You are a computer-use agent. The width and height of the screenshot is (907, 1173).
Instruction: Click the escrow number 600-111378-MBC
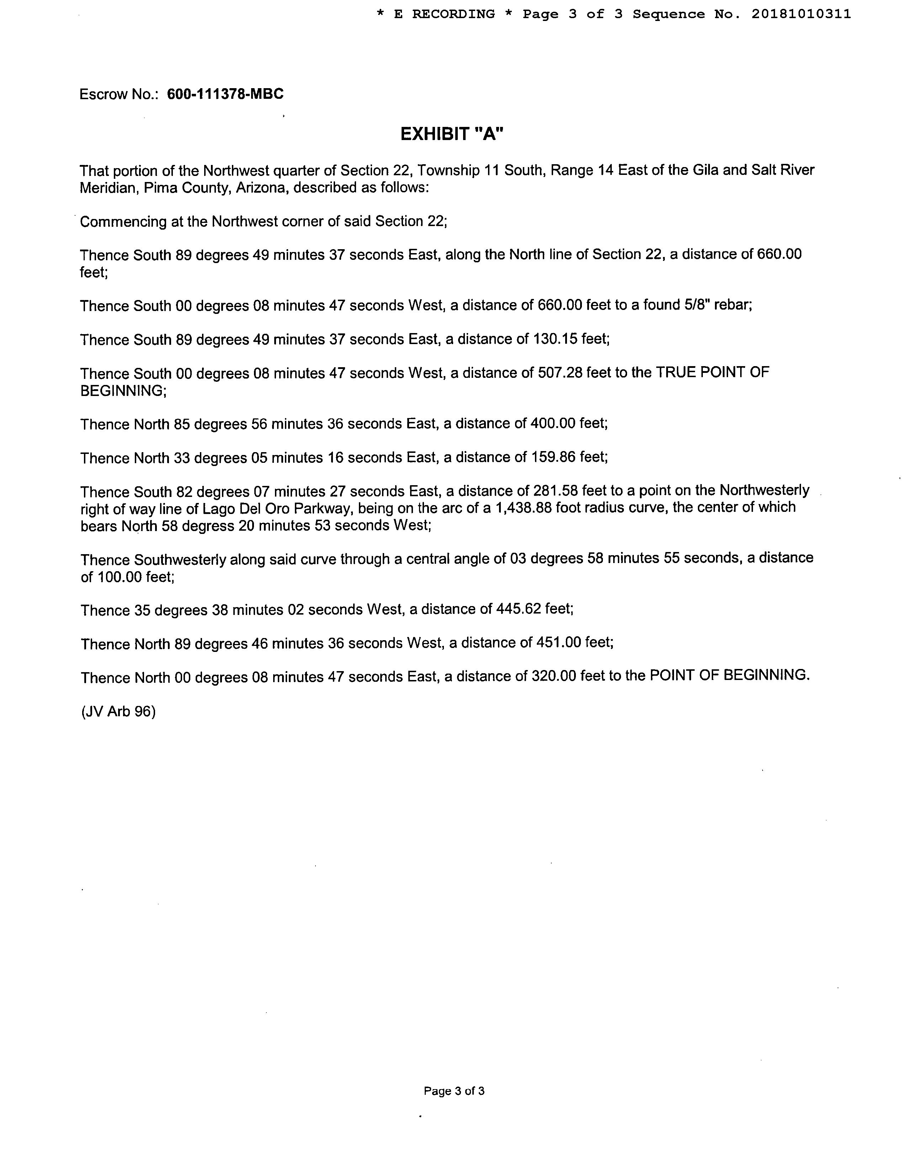pyautogui.click(x=225, y=95)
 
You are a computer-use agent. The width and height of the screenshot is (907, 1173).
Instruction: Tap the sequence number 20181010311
pyautogui.click(x=801, y=15)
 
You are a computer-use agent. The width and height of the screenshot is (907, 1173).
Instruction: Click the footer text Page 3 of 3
pyautogui.click(x=454, y=1091)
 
